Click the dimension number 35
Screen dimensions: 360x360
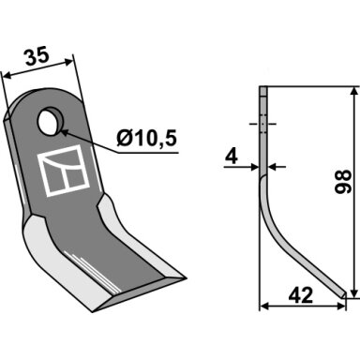click(37, 56)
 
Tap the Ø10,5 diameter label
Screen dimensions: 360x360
click(147, 139)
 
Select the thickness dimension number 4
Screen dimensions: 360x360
click(232, 157)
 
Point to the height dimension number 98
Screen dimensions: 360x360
click(342, 182)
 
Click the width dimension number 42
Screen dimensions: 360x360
click(301, 295)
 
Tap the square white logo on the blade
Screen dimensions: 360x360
click(64, 171)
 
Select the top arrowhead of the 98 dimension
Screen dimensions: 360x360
click(353, 92)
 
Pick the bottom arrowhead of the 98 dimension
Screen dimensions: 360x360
click(353, 293)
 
